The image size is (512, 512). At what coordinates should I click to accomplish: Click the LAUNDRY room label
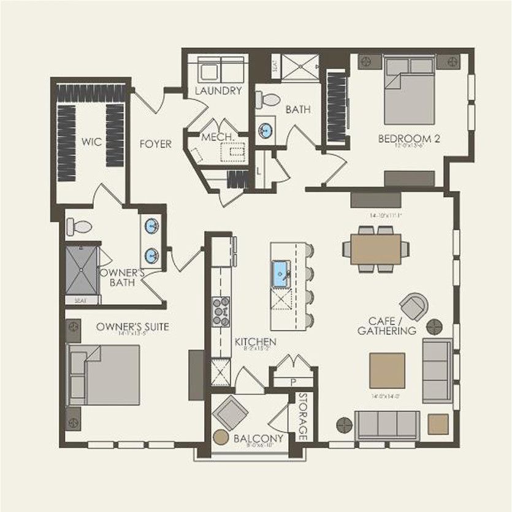[218, 91]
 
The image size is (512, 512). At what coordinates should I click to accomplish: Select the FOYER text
[155, 144]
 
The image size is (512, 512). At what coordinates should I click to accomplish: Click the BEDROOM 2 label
[409, 139]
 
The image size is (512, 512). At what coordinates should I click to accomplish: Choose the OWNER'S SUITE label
[132, 327]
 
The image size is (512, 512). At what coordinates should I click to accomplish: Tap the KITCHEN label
[256, 342]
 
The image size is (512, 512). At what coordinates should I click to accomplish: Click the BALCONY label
[258, 438]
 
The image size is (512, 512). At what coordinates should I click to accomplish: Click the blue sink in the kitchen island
[281, 272]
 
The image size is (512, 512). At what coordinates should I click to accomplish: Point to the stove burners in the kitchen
[221, 311]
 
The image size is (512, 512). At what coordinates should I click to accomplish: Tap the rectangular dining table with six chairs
[376, 249]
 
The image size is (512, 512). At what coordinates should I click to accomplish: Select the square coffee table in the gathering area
[387, 370]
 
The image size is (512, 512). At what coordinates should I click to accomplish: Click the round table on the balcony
[221, 437]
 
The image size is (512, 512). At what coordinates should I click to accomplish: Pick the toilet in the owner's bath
[79, 227]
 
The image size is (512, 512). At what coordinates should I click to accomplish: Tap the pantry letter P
[293, 381]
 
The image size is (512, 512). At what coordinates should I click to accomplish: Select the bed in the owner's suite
[104, 375]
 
